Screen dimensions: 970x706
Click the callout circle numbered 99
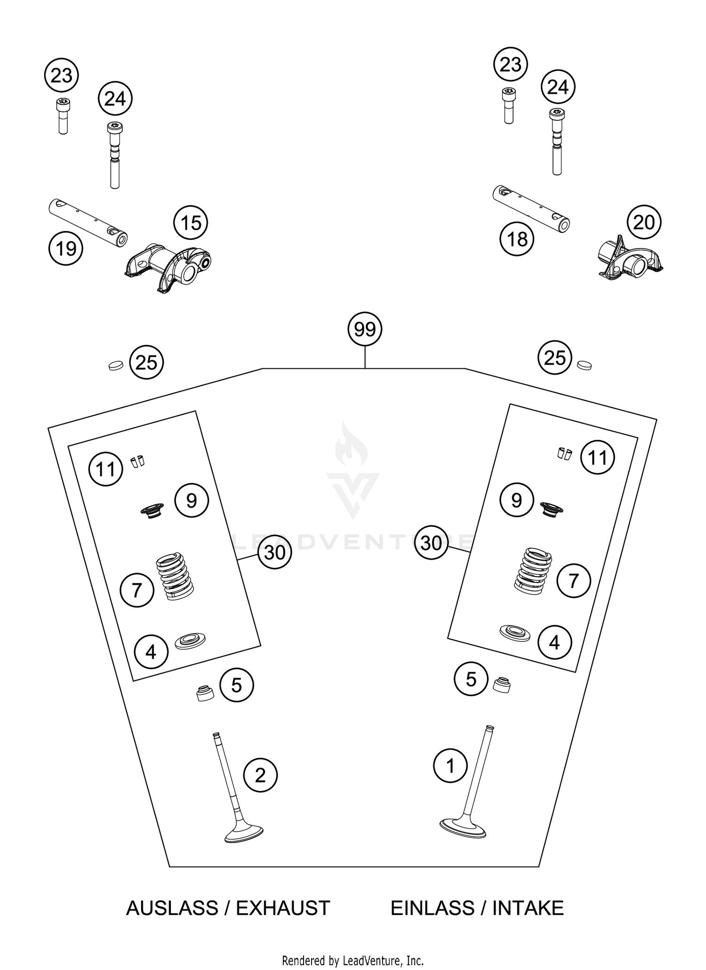(x=365, y=330)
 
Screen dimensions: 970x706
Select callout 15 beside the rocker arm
(x=191, y=223)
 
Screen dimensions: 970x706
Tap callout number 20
(x=644, y=222)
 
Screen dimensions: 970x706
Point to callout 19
(x=66, y=248)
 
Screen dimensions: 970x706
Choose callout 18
(x=517, y=239)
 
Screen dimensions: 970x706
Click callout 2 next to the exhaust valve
(x=260, y=775)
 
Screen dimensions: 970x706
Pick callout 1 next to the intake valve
(x=450, y=765)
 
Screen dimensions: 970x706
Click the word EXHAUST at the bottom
(x=283, y=908)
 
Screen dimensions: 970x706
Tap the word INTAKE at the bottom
(x=528, y=908)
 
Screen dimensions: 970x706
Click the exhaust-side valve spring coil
(x=174, y=576)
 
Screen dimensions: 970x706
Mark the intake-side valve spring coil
(x=532, y=569)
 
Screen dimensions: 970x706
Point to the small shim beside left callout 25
(x=115, y=365)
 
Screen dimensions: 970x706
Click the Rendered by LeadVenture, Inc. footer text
(x=353, y=960)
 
